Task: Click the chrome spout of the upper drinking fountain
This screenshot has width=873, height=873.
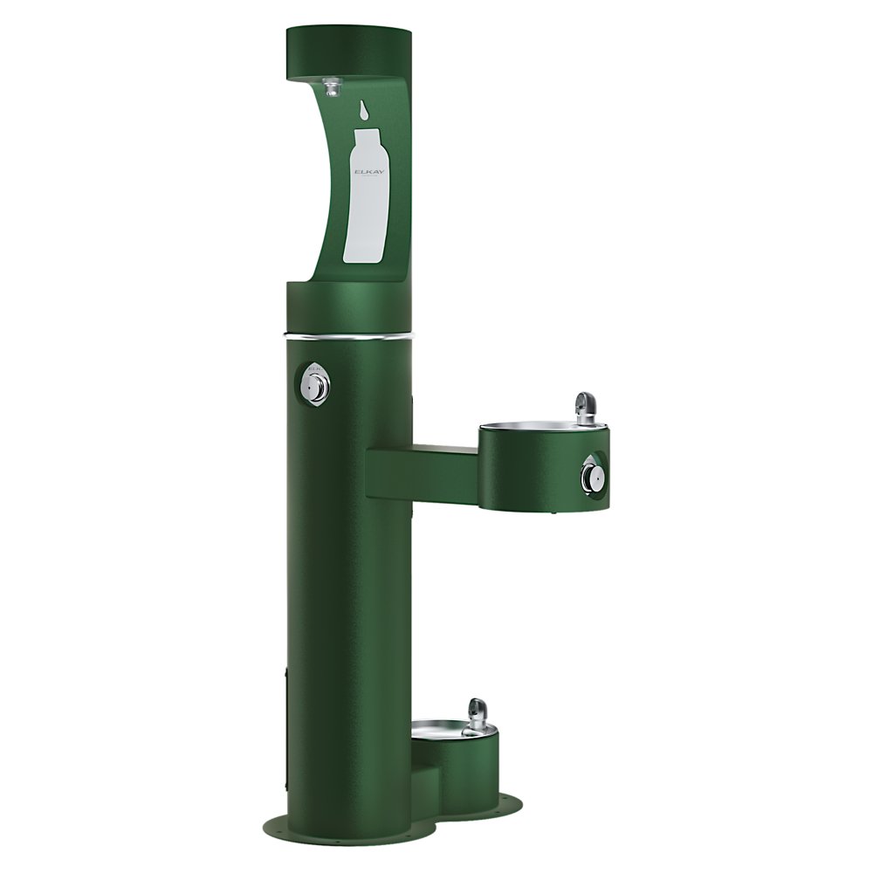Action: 584,407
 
